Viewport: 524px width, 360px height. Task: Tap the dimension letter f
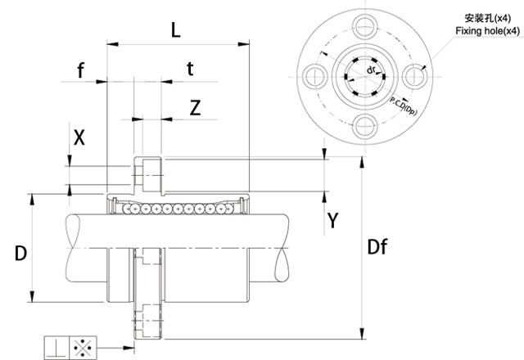(80, 71)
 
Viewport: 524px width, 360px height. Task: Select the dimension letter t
(190, 70)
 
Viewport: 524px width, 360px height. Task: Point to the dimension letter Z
(194, 107)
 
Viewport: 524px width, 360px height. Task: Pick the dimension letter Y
(333, 219)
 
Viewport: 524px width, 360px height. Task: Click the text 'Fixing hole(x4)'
(487, 31)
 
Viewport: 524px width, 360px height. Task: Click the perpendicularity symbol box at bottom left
(56, 347)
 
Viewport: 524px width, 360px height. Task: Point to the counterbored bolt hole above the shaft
(147, 173)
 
